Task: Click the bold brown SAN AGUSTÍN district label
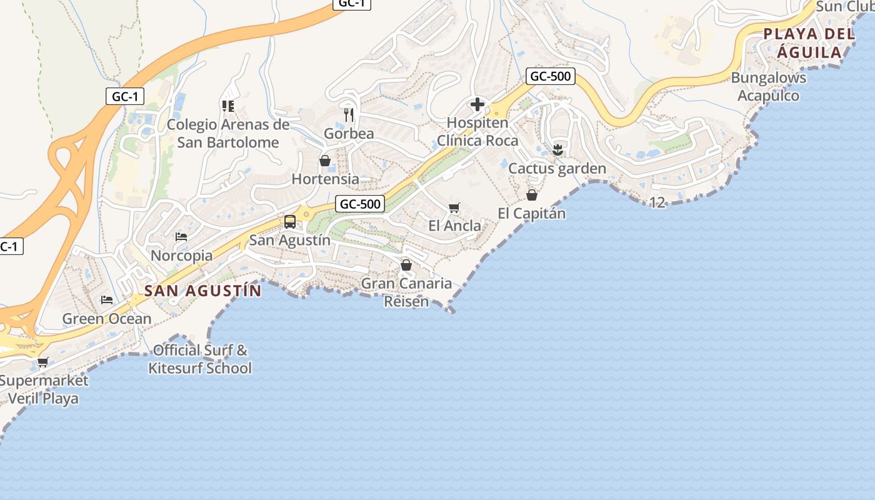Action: tap(203, 291)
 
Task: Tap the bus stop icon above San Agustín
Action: tap(290, 221)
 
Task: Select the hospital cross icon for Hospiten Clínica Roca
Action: tap(477, 104)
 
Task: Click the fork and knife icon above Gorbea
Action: tap(349, 114)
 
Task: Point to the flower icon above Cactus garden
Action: tap(557, 149)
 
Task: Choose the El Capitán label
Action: tap(531, 213)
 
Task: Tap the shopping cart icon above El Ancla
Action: tap(454, 207)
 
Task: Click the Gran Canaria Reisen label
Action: tap(406, 292)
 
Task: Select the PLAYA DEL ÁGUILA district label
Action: tap(809, 43)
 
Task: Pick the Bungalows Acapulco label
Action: tap(768, 87)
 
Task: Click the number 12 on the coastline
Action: tap(657, 202)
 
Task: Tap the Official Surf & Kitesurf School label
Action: tap(200, 359)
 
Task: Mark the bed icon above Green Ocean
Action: tap(107, 300)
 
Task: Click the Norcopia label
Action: tap(181, 255)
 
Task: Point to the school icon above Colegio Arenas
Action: tap(227, 106)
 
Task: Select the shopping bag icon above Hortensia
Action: tap(325, 161)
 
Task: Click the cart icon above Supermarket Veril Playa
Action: tap(43, 362)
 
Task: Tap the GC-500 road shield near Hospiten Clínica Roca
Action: tap(550, 76)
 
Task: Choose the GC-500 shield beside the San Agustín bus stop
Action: tap(359, 204)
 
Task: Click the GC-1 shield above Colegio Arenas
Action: tap(125, 96)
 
